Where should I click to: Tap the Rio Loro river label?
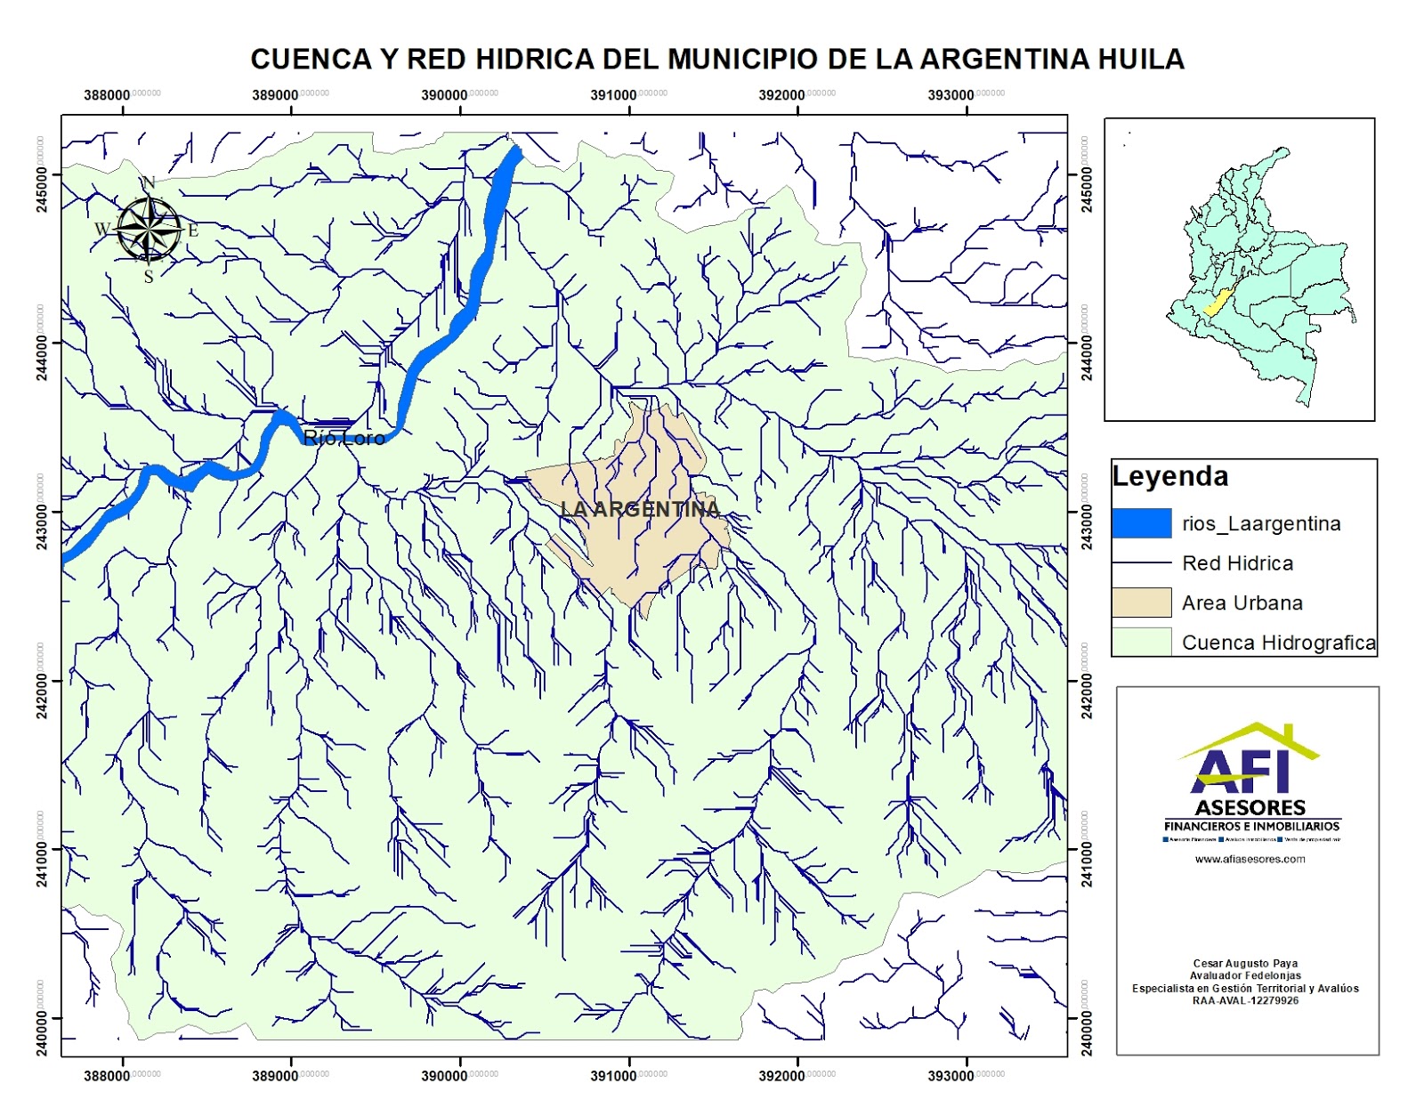[344, 437]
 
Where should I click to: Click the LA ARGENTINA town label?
[639, 509]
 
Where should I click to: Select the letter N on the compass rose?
[149, 182]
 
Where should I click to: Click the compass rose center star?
[149, 230]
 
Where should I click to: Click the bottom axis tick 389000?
[276, 1076]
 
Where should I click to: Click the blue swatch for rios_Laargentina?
[1141, 523]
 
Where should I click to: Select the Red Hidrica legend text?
[1237, 563]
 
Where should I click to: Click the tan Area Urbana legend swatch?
[1141, 603]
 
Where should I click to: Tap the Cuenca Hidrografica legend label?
[1278, 643]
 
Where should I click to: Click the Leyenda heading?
[1170, 476]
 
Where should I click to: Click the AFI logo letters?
[1240, 770]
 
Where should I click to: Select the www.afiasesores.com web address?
[1250, 860]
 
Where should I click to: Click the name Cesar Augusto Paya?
[1245, 963]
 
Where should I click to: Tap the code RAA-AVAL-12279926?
[1245, 1000]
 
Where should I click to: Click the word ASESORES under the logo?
[1250, 808]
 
